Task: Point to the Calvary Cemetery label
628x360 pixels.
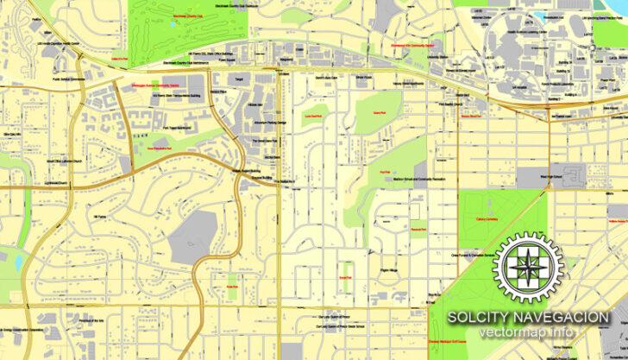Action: coord(488,218)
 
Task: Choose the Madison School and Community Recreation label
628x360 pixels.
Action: coord(418,179)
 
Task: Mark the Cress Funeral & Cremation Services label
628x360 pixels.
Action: coord(474,255)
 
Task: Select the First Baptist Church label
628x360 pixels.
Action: coord(451,104)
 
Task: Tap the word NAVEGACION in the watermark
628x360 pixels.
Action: coord(563,318)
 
